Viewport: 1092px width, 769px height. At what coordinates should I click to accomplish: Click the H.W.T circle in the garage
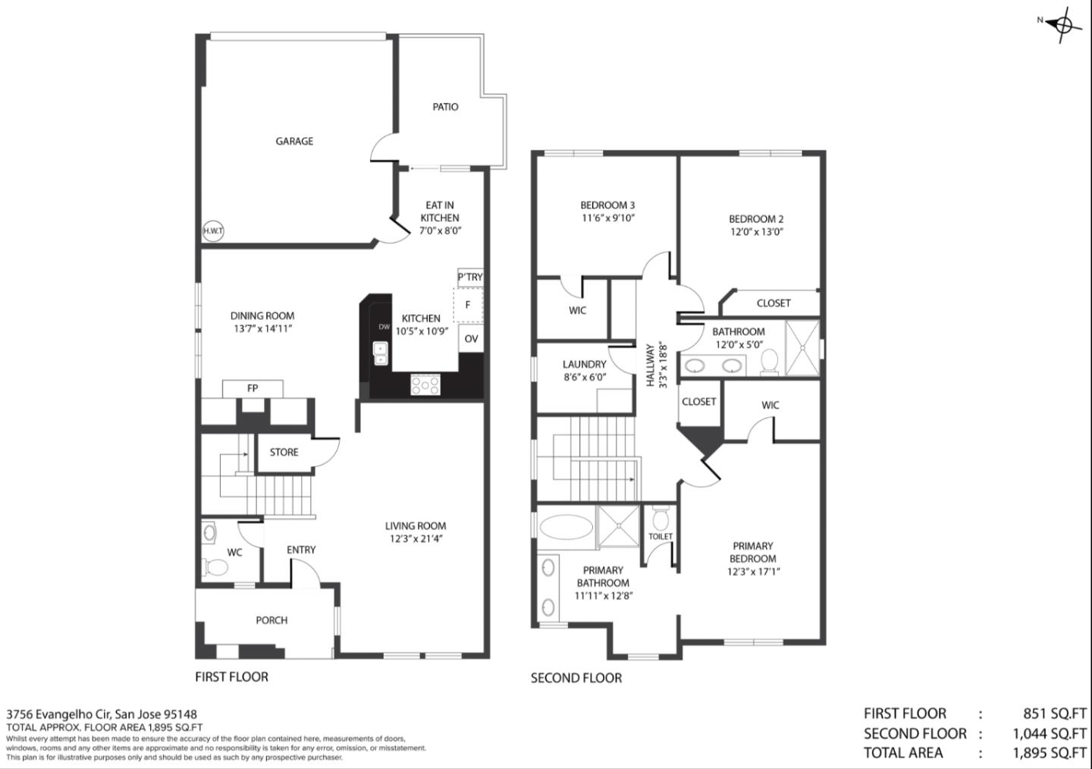coord(214,231)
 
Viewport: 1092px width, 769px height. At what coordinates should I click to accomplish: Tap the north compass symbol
coord(1064,25)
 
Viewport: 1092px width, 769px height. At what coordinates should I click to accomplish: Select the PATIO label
coord(445,107)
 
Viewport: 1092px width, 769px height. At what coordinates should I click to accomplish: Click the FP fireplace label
coord(253,388)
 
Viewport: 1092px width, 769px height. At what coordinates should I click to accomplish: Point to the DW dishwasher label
coord(384,327)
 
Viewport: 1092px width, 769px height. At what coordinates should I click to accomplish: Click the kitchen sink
coord(381,353)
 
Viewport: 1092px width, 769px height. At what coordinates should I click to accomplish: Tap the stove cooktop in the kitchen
coord(425,385)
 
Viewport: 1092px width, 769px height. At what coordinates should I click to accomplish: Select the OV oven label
coord(471,339)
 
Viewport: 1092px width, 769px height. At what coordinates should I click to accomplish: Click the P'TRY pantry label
coord(470,277)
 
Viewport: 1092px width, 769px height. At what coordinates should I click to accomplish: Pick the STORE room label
coord(284,452)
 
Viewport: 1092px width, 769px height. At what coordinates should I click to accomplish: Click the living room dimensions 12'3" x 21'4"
coord(415,539)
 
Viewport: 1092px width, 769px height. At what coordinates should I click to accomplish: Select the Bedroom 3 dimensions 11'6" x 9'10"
coord(607,218)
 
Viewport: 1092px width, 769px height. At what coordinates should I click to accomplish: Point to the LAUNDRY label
coord(584,364)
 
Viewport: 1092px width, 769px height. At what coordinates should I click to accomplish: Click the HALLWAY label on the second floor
coord(650,366)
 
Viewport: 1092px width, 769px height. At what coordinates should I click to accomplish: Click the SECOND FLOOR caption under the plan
coord(576,678)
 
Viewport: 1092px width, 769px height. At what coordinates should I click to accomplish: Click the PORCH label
coord(271,620)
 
